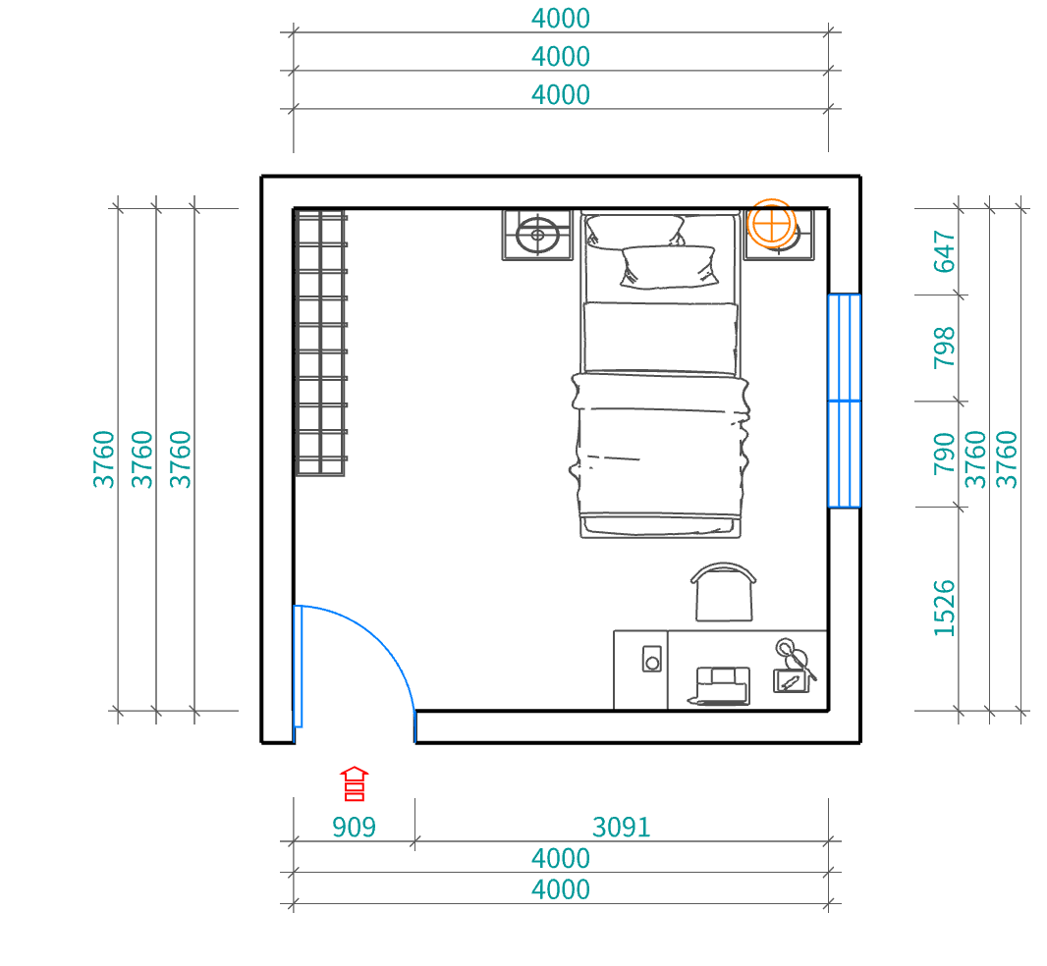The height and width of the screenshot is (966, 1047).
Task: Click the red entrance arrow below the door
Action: [x=354, y=783]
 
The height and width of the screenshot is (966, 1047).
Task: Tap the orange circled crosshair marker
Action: [x=771, y=223]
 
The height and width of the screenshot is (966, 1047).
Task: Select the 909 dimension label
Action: [x=354, y=828]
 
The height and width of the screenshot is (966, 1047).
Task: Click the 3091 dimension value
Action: [x=621, y=828]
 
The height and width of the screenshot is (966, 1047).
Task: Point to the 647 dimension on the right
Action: [x=944, y=251]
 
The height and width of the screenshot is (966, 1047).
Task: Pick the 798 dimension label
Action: [x=944, y=348]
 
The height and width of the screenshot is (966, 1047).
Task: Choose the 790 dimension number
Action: [x=944, y=454]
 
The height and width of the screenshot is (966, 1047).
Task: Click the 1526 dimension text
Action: [x=944, y=609]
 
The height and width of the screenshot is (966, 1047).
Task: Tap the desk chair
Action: [x=724, y=592]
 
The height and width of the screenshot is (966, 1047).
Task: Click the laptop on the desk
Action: [x=721, y=685]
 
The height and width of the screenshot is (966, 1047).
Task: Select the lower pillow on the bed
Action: [x=669, y=267]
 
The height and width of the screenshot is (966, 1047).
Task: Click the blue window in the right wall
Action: [x=845, y=401]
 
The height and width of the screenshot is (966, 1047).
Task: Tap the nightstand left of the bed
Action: [x=537, y=235]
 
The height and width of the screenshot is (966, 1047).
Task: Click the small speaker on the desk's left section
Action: [x=652, y=659]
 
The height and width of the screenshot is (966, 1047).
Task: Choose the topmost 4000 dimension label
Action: [x=561, y=19]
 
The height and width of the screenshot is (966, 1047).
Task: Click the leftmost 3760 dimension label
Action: [x=103, y=459]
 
